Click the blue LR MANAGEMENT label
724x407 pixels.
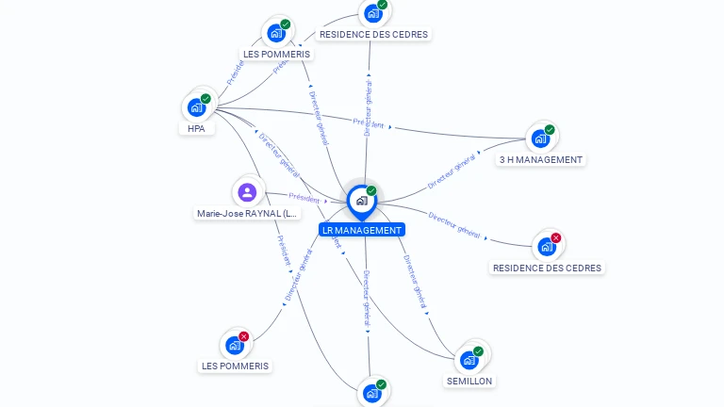(362, 230)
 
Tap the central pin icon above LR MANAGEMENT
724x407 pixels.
(361, 200)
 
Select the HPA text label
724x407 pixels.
(196, 129)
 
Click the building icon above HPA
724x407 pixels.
(196, 107)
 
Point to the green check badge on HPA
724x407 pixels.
(206, 99)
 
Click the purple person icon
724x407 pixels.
(247, 192)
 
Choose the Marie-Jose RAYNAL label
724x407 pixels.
(247, 214)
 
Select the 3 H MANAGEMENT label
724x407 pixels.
(541, 160)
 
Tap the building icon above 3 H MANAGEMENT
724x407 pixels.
(540, 138)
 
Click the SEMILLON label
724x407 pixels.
(469, 382)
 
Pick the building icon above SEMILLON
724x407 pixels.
(469, 360)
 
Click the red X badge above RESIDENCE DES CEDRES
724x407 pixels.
(556, 238)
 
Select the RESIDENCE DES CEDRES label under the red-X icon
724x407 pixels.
(547, 269)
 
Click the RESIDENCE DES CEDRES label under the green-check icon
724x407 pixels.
(373, 35)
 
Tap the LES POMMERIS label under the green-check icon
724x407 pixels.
(276, 55)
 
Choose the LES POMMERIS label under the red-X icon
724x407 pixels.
(235, 366)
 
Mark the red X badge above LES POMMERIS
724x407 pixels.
(244, 336)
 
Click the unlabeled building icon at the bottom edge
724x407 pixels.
(371, 394)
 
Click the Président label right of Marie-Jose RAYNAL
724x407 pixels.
(304, 198)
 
